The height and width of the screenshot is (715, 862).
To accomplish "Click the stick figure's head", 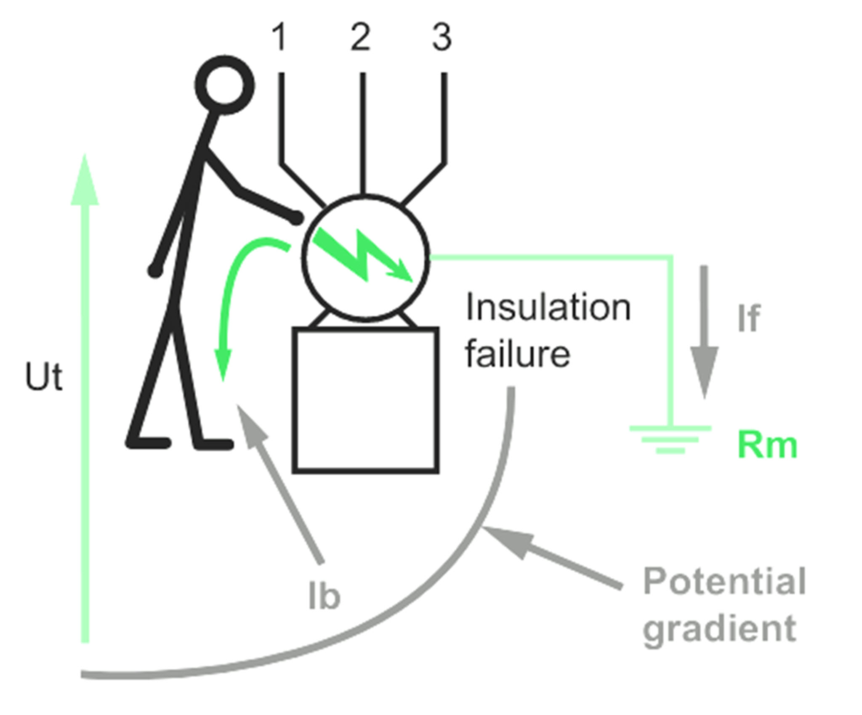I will click(224, 85).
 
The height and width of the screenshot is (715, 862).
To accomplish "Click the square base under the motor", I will click(366, 400).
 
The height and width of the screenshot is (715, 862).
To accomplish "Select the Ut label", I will click(44, 376).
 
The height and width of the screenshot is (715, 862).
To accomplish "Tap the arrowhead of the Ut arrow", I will click(85, 181).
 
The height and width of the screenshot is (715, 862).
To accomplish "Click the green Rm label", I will click(767, 445).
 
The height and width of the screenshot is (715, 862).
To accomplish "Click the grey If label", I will click(749, 318).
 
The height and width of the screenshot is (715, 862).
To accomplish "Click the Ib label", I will click(324, 596).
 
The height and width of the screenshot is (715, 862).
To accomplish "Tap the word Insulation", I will click(548, 308).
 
